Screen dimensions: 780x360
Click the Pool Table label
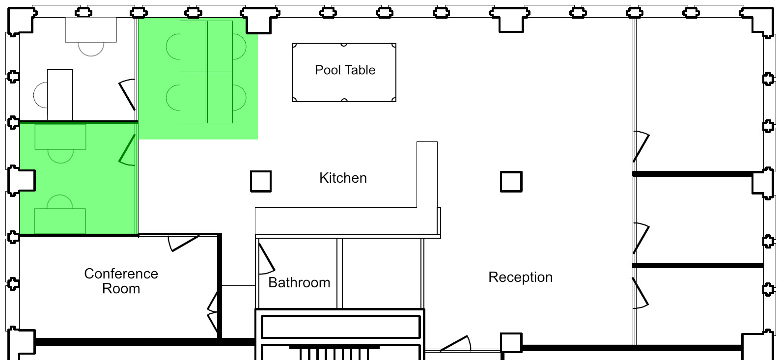345,70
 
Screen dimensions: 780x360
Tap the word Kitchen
343,178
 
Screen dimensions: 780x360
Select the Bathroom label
299,282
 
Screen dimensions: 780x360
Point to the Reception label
520,277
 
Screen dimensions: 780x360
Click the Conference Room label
121,281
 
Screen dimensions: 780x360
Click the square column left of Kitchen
261,181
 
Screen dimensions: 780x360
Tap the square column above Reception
511,181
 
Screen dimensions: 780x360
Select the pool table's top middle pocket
344,44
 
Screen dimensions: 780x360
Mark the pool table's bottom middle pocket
344,101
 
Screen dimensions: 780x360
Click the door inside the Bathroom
266,258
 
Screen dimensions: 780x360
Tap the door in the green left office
127,150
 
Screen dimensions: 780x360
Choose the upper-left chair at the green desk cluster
173,46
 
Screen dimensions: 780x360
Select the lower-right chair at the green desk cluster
240,98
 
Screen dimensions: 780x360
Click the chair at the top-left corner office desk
91,49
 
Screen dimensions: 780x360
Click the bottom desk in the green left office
60,221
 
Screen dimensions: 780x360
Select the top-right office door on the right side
641,146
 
